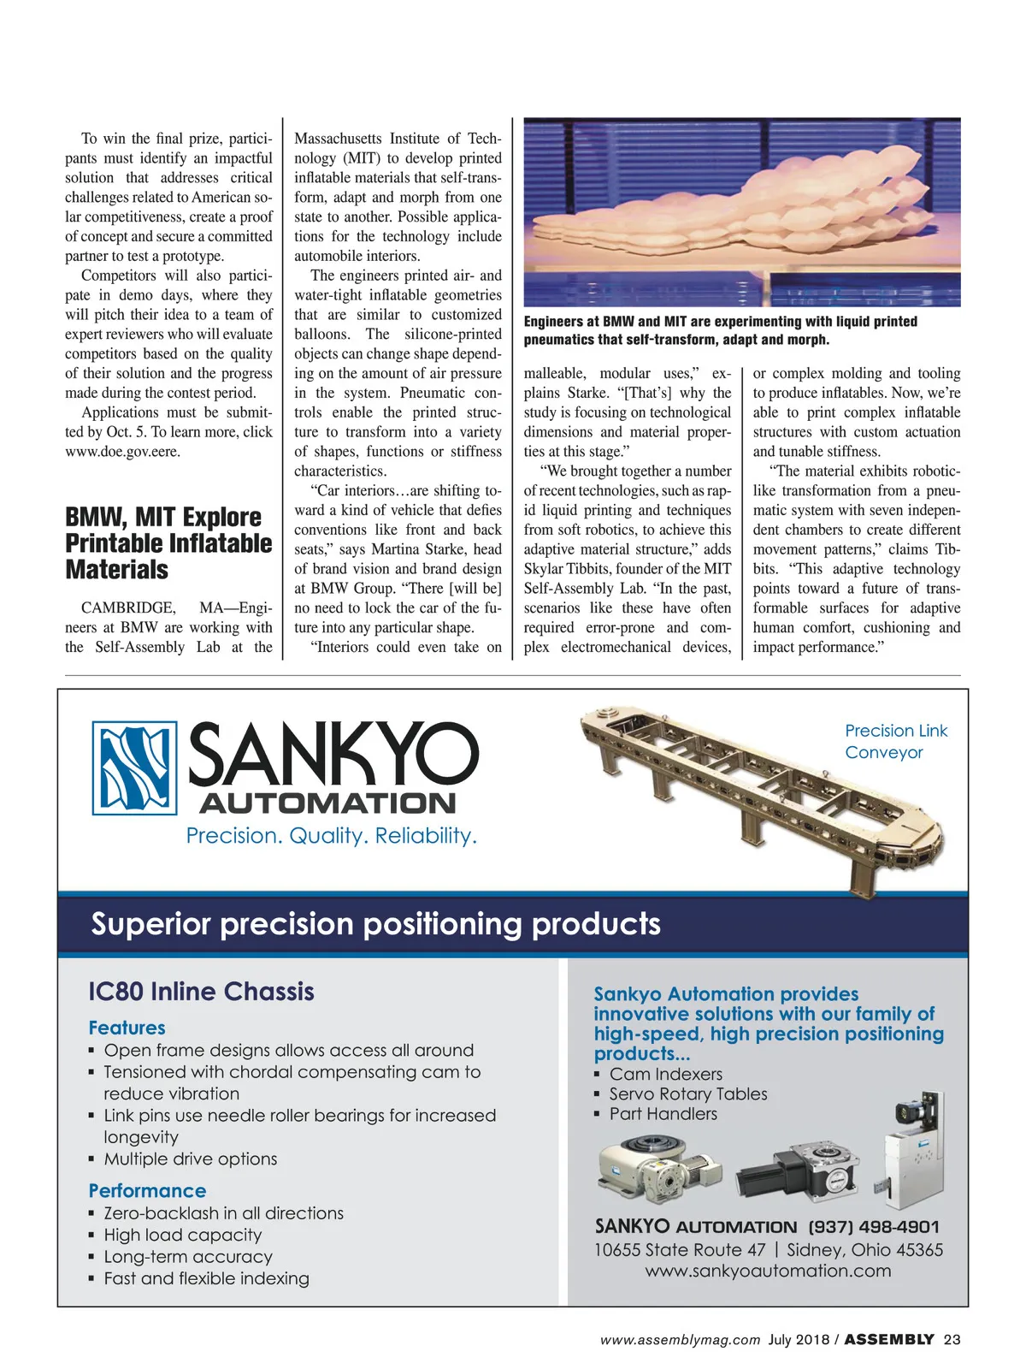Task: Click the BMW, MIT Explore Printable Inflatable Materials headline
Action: point(168,543)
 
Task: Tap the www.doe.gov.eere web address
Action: point(123,452)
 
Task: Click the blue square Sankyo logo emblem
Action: point(134,767)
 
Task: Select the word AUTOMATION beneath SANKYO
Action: point(327,803)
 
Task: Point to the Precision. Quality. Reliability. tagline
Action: point(332,836)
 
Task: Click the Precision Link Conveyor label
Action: point(895,741)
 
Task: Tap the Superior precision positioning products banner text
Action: point(376,924)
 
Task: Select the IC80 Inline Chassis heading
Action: point(202,992)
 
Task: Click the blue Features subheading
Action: point(127,1028)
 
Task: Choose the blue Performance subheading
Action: point(148,1191)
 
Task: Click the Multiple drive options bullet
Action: point(191,1159)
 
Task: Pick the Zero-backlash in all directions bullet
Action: point(224,1213)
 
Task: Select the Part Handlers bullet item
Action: point(663,1114)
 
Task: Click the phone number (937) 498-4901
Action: point(873,1227)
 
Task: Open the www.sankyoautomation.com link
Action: point(768,1271)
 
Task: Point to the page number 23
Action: point(952,1340)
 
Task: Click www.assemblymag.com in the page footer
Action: point(680,1340)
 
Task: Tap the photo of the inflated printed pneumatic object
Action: point(741,212)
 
